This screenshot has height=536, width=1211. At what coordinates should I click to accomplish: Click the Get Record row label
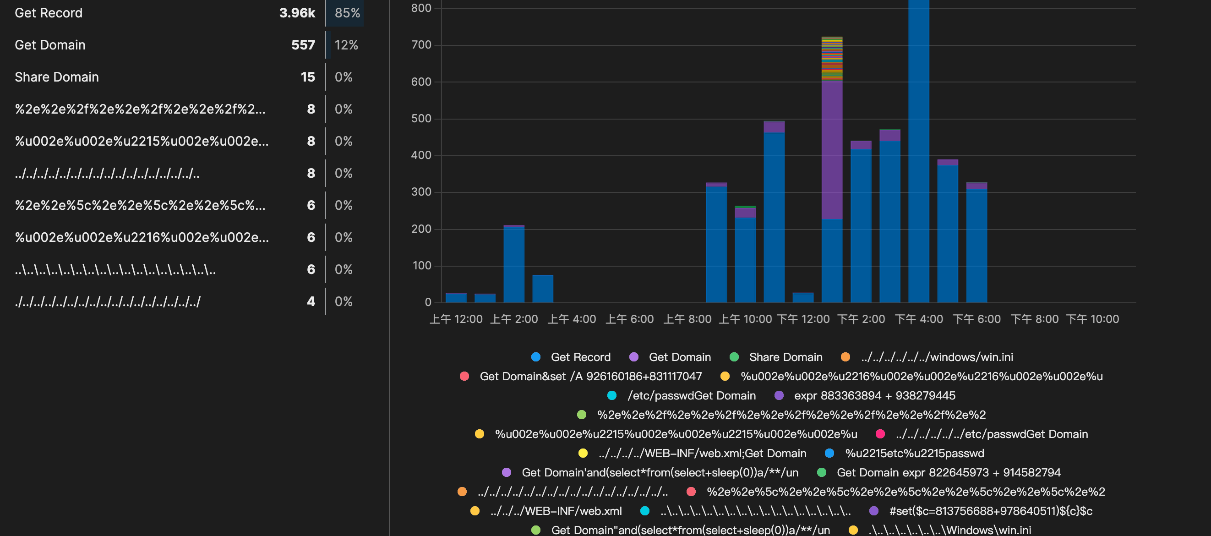[49, 13]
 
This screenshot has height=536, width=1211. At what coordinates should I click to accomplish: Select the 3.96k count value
[297, 13]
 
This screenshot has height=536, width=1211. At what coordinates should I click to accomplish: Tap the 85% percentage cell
[347, 13]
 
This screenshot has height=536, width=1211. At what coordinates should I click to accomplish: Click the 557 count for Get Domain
[303, 45]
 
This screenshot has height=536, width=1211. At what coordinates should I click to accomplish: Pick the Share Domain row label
[56, 77]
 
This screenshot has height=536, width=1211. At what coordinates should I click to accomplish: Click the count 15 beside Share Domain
[307, 77]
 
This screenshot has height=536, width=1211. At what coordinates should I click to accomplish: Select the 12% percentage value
[346, 45]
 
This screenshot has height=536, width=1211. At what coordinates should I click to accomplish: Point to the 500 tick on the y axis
[421, 119]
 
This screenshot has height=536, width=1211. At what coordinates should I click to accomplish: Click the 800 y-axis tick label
[421, 8]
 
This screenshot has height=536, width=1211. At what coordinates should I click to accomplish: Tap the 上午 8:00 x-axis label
[687, 319]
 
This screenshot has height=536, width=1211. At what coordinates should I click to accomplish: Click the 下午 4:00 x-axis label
[919, 319]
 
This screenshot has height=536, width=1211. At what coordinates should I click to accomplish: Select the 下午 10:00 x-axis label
[1092, 319]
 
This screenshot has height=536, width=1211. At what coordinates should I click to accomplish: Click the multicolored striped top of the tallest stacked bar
[832, 57]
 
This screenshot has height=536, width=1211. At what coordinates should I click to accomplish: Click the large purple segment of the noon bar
[832, 150]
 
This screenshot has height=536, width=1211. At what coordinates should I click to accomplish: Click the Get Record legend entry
[580, 357]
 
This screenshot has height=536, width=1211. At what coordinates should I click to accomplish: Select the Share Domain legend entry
[785, 357]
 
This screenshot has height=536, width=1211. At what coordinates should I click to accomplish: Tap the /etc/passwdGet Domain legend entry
[691, 396]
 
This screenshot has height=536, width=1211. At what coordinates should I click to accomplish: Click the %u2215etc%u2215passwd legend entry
[914, 454]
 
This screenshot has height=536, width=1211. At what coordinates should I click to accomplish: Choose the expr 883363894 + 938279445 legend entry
[874, 396]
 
